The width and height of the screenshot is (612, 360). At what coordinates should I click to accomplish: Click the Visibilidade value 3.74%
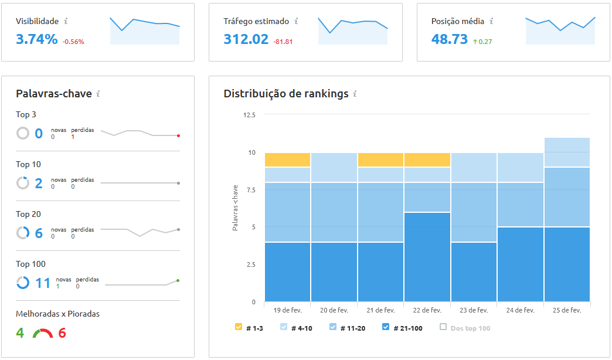coord(36,39)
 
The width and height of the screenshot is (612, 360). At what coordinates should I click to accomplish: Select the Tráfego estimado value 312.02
coord(246,39)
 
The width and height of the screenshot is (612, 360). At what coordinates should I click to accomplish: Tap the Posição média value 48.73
coord(449,39)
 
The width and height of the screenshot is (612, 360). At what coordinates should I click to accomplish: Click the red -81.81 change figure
coord(283,42)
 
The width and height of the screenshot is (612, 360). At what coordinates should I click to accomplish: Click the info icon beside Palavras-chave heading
coord(98,94)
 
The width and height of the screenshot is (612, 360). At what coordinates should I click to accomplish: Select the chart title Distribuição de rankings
coord(285,94)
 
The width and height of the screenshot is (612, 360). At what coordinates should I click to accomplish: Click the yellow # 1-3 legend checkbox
coord(239,327)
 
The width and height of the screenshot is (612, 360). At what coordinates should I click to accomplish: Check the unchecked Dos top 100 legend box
coord(443,327)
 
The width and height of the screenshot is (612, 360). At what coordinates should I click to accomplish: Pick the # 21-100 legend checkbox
coord(386,327)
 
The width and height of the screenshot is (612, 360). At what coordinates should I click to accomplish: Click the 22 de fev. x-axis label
coord(427,310)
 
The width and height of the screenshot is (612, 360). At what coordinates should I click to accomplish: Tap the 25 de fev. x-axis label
coord(567,310)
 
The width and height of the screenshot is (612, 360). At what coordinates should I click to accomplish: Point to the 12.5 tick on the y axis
coord(249,115)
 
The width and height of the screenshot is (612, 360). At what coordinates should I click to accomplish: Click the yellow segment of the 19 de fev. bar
coord(287,159)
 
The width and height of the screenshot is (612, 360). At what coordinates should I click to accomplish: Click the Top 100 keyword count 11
coord(43,283)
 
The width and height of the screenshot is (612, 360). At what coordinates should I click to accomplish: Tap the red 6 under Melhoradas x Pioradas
coord(62,333)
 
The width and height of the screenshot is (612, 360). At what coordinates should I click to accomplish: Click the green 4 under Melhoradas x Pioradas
coord(20,333)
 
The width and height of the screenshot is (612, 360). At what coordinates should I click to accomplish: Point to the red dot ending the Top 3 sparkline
coord(178,135)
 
